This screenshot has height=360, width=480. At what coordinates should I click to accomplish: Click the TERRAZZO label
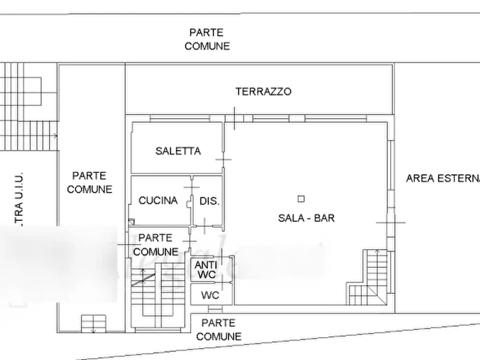coord(264,91)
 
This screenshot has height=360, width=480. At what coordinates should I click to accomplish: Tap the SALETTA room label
coord(179,151)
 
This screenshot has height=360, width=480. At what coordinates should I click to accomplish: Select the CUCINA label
coord(157,200)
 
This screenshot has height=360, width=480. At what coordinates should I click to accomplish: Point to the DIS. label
coord(210,201)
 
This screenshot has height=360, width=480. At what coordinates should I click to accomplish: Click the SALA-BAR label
coord(306,218)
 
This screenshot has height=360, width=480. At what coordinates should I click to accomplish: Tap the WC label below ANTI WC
coord(209,294)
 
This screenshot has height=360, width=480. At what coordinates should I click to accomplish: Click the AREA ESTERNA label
coord(442,179)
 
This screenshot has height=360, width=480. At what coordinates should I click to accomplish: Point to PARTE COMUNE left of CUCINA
coord(89,182)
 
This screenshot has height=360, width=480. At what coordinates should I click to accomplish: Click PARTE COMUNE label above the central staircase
coord(156,244)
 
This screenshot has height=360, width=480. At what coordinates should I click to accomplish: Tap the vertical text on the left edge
coord(18,197)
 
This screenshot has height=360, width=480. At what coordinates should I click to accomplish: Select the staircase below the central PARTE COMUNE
coord(144,293)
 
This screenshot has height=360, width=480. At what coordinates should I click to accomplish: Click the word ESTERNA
coord(459,179)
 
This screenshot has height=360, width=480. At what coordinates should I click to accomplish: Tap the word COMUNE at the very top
coord(207,46)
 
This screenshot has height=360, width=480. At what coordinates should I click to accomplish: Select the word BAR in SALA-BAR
coord(324,218)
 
